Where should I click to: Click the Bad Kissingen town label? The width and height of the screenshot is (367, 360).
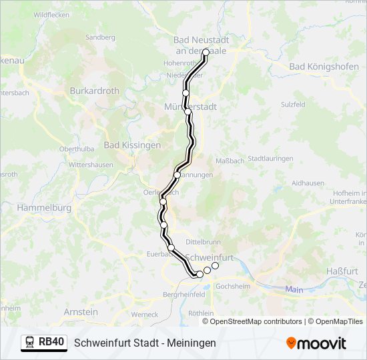pyautogui.click(x=132, y=145)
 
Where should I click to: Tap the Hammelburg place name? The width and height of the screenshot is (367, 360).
pyautogui.click(x=45, y=208)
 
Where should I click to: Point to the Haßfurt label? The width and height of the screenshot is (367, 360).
pyautogui.click(x=340, y=271)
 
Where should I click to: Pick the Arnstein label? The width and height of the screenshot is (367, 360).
pyautogui.click(x=81, y=311)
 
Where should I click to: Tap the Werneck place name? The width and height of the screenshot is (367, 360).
pyautogui.click(x=145, y=314)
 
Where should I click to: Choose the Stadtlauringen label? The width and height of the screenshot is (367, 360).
pyautogui.click(x=270, y=159)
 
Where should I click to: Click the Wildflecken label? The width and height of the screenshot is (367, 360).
pyautogui.click(x=51, y=14)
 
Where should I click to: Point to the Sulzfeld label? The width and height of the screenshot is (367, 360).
pyautogui.click(x=293, y=105)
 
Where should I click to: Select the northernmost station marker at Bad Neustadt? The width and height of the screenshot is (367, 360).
pyautogui.click(x=206, y=52)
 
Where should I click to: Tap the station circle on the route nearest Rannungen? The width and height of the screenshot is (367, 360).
pyautogui.click(x=177, y=175)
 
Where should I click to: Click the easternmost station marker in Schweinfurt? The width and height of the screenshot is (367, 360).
pyautogui.click(x=215, y=266)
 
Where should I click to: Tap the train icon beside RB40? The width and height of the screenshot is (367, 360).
pyautogui.click(x=30, y=343)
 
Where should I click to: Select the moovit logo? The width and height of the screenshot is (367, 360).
pyautogui.click(x=316, y=343)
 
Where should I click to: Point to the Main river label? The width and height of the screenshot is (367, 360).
pyautogui.click(x=294, y=289)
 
